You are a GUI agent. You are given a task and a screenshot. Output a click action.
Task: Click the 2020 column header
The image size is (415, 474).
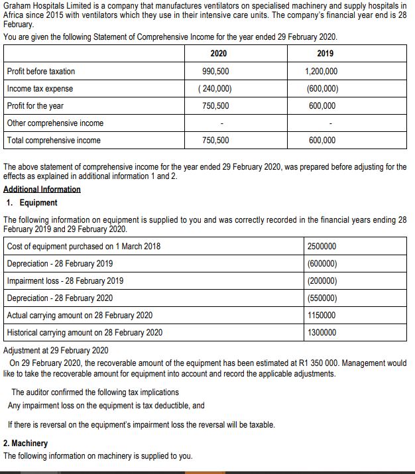click(x=217, y=53)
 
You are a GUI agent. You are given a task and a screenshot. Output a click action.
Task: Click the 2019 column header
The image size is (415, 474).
click(x=325, y=53)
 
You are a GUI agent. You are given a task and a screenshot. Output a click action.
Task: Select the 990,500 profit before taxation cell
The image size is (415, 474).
click(x=216, y=71)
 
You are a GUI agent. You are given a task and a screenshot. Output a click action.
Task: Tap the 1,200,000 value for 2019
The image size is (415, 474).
click(x=321, y=71)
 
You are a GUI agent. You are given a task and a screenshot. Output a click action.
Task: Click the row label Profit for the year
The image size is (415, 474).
click(x=35, y=105)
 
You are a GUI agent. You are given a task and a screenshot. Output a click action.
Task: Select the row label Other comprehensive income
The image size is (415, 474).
click(x=55, y=123)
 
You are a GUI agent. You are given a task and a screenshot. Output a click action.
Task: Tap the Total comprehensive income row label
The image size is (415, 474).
click(x=54, y=140)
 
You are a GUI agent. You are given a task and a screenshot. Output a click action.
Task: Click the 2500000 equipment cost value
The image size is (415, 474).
click(x=322, y=246)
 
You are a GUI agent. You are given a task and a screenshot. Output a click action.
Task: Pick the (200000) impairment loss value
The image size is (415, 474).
click(x=322, y=280)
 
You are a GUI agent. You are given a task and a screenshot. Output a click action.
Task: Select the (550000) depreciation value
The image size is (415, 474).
click(x=322, y=298)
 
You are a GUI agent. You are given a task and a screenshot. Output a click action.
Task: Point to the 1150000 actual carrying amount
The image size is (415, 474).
click(x=322, y=315)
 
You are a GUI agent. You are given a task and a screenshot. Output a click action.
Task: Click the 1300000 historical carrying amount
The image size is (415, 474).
click(x=322, y=332)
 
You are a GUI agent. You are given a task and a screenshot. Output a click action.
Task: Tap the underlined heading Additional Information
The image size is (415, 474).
click(x=42, y=189)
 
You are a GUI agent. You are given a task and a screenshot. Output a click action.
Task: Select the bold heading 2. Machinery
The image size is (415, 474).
click(x=26, y=443)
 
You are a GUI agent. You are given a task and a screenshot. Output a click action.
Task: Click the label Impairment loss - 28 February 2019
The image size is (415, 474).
click(x=64, y=280)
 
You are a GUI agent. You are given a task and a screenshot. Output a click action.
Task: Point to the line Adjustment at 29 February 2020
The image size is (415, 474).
click(x=56, y=350)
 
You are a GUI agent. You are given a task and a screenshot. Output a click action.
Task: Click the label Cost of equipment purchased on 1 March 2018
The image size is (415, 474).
click(x=84, y=246)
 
